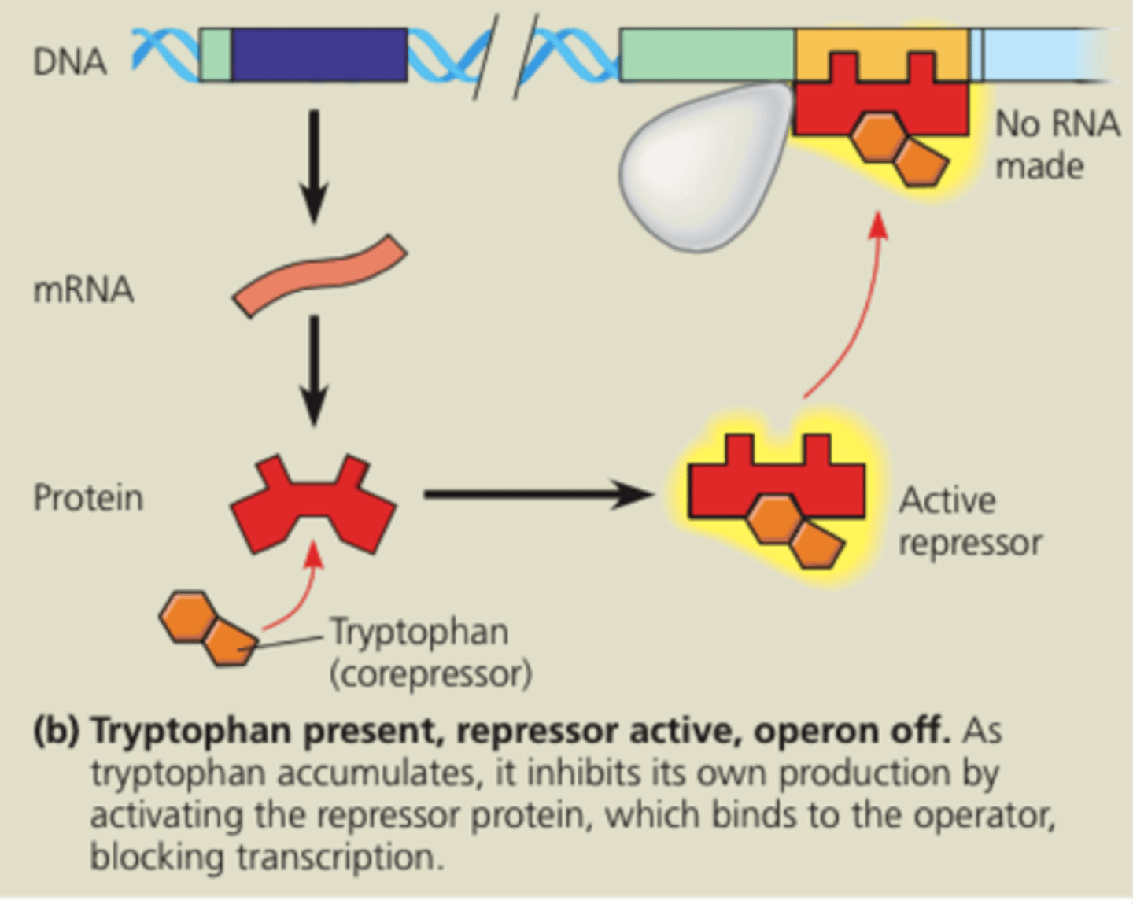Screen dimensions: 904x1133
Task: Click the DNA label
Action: [69, 61]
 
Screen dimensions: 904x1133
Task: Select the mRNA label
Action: [83, 290]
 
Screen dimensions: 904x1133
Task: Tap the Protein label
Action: [88, 498]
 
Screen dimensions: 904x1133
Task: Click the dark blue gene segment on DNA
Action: [319, 55]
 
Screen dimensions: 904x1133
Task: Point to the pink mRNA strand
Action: [319, 276]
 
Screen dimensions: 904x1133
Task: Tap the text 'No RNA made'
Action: [1056, 145]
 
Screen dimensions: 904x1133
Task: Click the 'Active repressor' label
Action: [969, 521]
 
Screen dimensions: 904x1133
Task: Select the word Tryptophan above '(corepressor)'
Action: [419, 632]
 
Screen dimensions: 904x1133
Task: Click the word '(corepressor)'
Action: [430, 674]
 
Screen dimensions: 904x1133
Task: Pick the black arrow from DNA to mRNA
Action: [314, 165]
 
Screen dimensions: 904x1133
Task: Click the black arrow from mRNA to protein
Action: [314, 370]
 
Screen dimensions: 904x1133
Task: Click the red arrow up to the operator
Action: [850, 307]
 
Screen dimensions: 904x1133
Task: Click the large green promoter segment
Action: [707, 55]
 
